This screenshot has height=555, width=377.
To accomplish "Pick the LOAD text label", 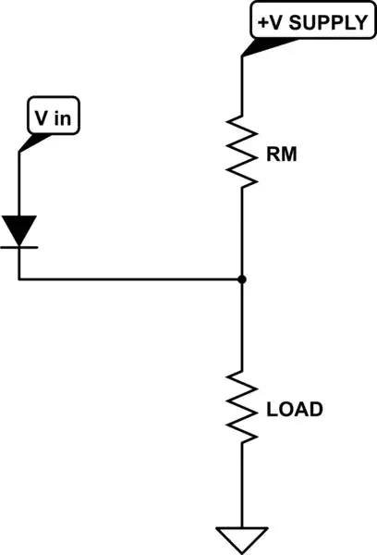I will pyautogui.click(x=295, y=407).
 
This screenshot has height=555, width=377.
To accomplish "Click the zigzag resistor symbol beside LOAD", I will pyautogui.click(x=241, y=407).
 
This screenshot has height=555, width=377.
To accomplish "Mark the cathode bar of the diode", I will pyautogui.click(x=19, y=246).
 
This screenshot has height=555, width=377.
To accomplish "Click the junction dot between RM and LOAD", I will pyautogui.click(x=241, y=278).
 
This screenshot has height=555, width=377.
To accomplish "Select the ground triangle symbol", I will pyautogui.click(x=241, y=537).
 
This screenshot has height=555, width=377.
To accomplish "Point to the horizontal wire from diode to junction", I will pyautogui.click(x=129, y=278).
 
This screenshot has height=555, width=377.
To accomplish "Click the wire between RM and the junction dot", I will pyautogui.click(x=241, y=231).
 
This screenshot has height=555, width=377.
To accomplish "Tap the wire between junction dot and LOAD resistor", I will pyautogui.click(x=241, y=324).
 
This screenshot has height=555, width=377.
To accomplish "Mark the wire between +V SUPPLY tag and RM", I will pyautogui.click(x=241, y=88).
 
